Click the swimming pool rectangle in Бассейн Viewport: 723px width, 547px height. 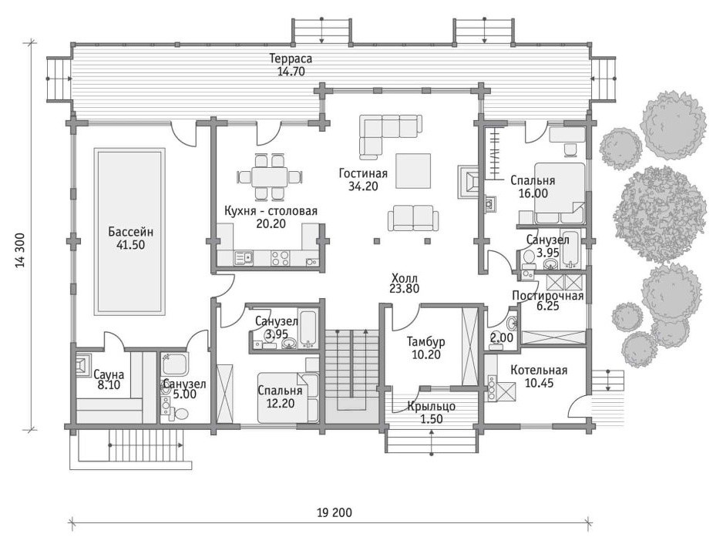129,231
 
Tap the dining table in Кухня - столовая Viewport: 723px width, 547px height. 270,176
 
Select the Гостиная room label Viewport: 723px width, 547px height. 363,173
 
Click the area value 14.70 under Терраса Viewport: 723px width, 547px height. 291,72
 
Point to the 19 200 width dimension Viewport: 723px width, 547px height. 335,512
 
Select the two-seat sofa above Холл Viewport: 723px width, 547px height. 412,218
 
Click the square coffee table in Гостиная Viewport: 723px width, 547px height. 413,171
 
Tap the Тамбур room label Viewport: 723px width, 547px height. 425,342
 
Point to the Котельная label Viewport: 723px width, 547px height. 539,371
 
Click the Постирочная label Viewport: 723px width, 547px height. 548,296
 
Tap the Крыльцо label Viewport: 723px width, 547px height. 431,407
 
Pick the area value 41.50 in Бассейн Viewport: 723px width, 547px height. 130,245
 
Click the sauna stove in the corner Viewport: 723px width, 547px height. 82,366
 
